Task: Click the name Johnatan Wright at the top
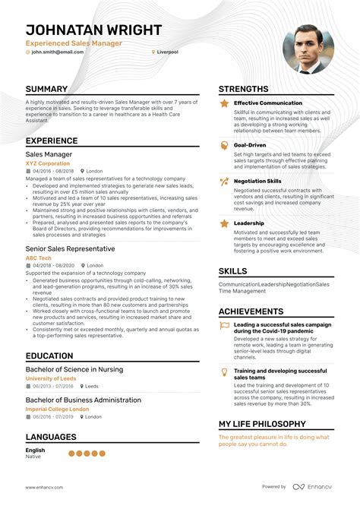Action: (x=93, y=30)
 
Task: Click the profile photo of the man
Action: (x=308, y=51)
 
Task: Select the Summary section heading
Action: (x=46, y=89)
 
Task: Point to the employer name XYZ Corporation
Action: (x=48, y=163)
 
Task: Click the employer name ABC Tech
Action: (x=39, y=258)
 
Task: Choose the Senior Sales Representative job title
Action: (x=70, y=248)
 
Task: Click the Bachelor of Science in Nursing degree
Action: (x=74, y=369)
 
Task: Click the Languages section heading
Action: (x=51, y=437)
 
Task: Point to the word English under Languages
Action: (x=35, y=451)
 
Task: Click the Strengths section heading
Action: (x=243, y=89)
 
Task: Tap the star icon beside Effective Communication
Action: (x=224, y=103)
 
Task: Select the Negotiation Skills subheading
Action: (x=257, y=182)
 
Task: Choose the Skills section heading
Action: (x=232, y=271)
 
